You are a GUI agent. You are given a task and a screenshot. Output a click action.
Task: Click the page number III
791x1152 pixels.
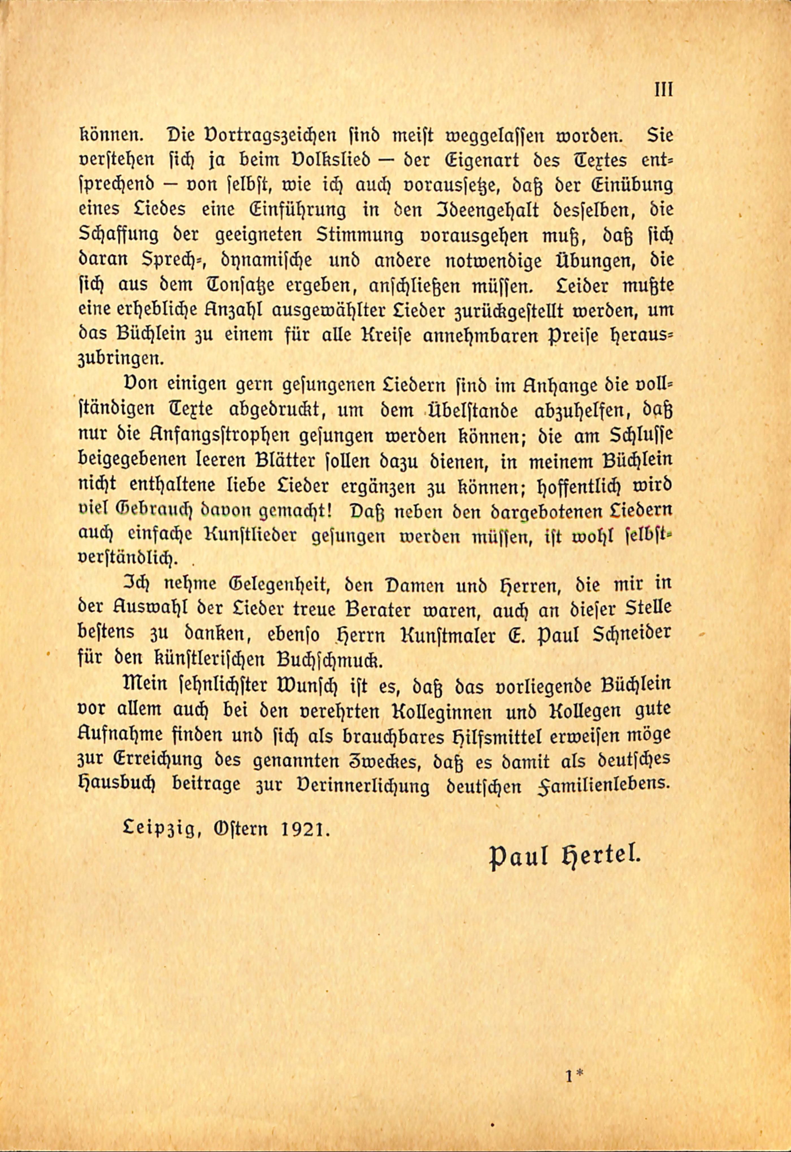click(x=663, y=90)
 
